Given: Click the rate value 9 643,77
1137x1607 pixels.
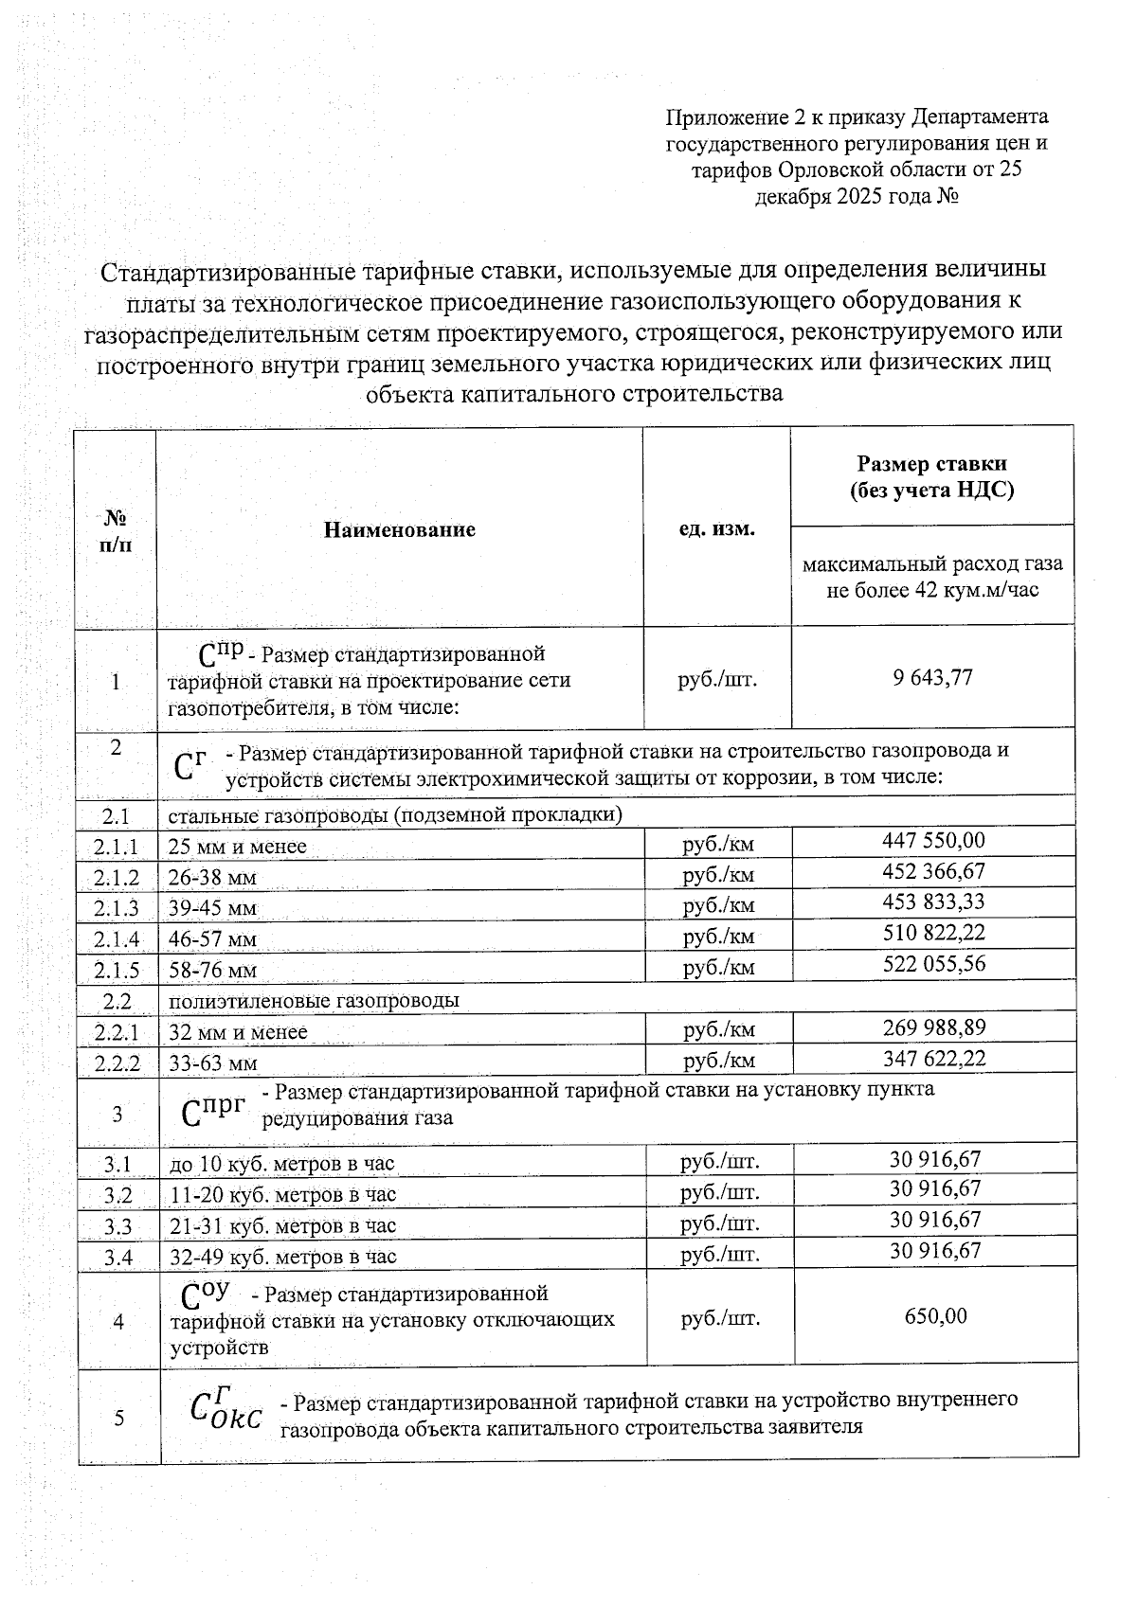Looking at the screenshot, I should pyautogui.click(x=932, y=678).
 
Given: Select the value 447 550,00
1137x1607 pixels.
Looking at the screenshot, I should pyautogui.click(x=932, y=840).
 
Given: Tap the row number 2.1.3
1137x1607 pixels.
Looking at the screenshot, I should pyautogui.click(x=117, y=908).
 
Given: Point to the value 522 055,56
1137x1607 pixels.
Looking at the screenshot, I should pyautogui.click(x=934, y=964).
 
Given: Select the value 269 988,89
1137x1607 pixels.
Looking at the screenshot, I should pyautogui.click(x=934, y=1027).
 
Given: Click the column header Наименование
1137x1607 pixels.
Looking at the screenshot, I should pyautogui.click(x=399, y=529).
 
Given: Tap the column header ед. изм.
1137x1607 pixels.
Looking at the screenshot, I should pyautogui.click(x=716, y=528).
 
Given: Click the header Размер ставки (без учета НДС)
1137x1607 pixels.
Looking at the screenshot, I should pyautogui.click(x=931, y=476).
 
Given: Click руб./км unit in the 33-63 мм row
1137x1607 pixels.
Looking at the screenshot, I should pyautogui.click(x=718, y=1061).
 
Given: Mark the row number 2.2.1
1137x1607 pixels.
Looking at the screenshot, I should pyautogui.click(x=117, y=1032).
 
